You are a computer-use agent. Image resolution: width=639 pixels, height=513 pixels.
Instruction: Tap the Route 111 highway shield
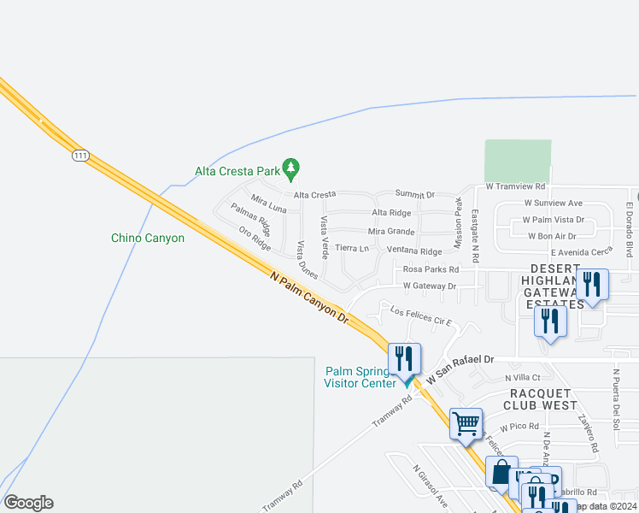point(80,155)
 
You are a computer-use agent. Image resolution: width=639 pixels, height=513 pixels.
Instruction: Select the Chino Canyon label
point(148,238)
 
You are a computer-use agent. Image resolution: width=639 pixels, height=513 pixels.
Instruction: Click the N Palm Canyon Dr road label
point(309,298)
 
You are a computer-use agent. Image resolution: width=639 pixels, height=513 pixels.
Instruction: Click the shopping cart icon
point(466,423)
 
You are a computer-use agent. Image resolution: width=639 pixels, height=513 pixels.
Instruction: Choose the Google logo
point(28,503)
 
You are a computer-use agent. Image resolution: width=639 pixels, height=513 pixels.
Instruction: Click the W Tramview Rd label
point(515,186)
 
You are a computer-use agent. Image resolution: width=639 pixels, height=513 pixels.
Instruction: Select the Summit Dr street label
point(415,195)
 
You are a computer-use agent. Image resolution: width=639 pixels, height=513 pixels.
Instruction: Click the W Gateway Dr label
point(430,286)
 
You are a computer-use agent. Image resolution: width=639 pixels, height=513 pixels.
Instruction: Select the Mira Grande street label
point(391,232)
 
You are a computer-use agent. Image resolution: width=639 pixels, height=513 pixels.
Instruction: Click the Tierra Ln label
point(352,248)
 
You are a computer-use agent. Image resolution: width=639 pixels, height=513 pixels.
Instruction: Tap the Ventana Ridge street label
point(414,251)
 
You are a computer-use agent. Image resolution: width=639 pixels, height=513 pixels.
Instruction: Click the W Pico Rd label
point(520,426)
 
